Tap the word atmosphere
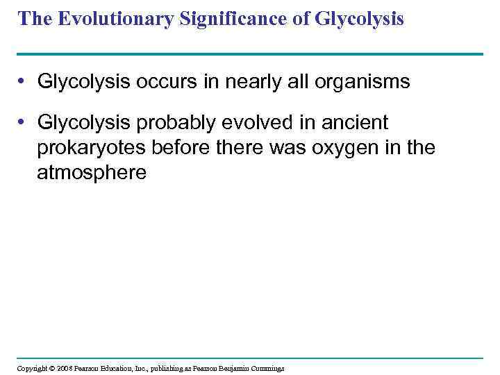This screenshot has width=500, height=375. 92,172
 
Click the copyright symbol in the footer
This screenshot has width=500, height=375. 53,368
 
